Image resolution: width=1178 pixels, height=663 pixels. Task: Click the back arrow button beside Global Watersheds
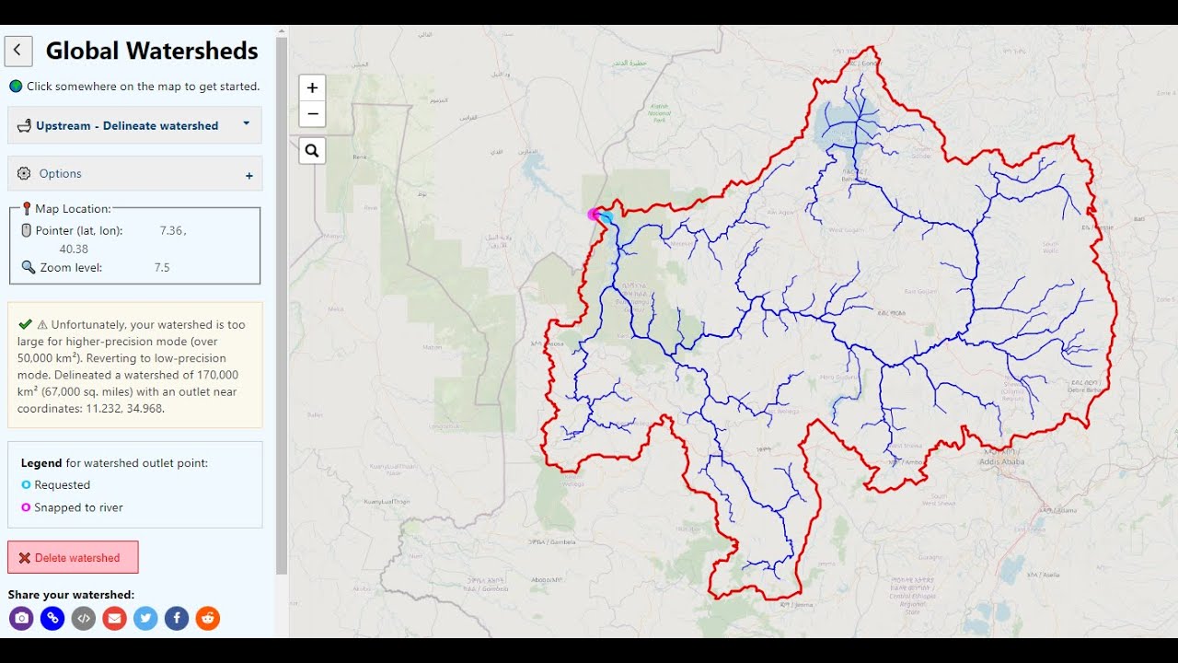coord(18,51)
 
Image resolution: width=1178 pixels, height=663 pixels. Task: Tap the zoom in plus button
coord(312,87)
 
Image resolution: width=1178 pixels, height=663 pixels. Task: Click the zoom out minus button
coord(312,114)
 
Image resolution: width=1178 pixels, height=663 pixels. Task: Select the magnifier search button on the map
coord(312,150)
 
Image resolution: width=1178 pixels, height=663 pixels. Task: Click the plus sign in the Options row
coord(248,175)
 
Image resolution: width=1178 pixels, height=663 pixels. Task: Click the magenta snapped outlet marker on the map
coord(595,215)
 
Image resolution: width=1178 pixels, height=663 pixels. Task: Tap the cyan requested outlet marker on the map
coord(606,217)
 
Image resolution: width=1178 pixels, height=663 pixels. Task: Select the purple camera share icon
coord(21,618)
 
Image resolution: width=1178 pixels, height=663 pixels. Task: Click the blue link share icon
coord(52,618)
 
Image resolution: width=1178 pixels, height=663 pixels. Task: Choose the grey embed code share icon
coord(84,618)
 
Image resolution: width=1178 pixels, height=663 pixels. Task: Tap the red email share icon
coord(115,618)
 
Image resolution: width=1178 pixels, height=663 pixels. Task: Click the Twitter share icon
coord(145,618)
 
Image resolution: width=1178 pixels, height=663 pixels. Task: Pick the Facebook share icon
coord(177,618)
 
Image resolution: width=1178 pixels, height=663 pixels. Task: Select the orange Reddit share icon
coord(208,618)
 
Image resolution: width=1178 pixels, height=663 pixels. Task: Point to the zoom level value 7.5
coord(162,268)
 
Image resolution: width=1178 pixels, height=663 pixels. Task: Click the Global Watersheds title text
coord(152,51)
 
